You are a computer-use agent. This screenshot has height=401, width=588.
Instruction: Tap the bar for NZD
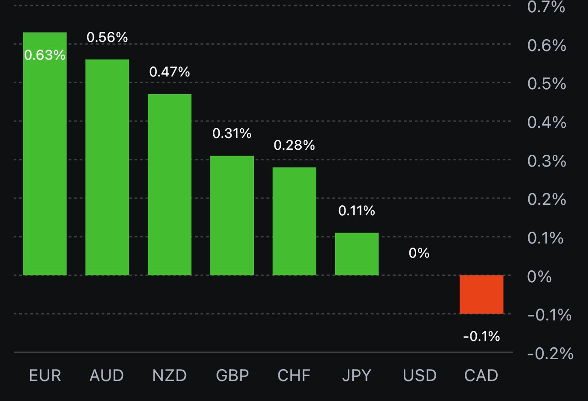[x=170, y=184]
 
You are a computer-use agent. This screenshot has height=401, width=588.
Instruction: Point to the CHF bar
[x=294, y=221]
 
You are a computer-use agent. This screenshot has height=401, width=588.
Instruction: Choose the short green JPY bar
[x=356, y=254]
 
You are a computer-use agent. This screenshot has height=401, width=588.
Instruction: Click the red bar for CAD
[x=481, y=294]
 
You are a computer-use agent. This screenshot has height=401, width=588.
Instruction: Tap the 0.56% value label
[x=107, y=37]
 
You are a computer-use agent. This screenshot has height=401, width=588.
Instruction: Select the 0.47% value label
[x=170, y=72]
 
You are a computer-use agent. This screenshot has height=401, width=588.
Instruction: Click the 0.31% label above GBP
[x=232, y=133]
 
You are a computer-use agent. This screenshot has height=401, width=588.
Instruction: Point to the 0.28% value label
[x=294, y=145]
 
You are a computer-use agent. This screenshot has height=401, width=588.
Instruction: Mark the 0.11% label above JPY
[x=356, y=211]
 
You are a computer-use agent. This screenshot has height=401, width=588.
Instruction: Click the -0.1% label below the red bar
[x=481, y=337]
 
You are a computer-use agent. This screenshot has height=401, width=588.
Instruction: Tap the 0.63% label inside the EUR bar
[x=45, y=55]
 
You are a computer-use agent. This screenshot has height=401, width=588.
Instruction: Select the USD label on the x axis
[x=419, y=376]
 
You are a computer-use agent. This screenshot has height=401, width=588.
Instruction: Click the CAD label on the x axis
[x=481, y=376]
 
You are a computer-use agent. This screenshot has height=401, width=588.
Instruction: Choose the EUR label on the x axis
[x=45, y=376]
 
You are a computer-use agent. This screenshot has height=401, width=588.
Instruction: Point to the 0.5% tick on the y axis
[x=547, y=84]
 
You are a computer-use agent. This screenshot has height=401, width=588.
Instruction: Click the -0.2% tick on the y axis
[x=550, y=353]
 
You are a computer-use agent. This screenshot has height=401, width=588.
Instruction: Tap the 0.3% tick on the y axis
[x=547, y=161]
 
